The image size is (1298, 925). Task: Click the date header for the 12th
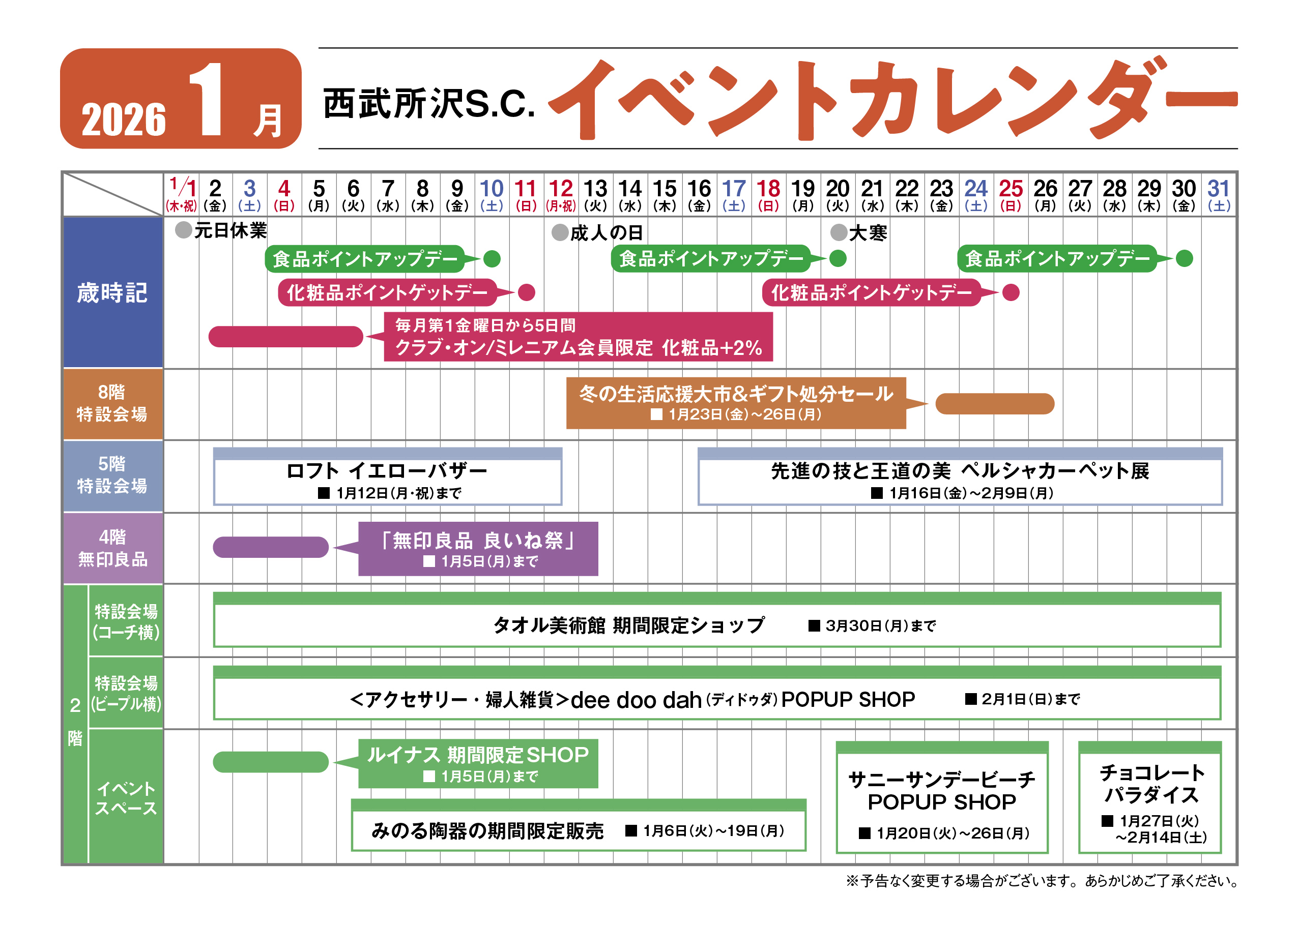pyautogui.click(x=561, y=194)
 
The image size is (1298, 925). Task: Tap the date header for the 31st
pyautogui.click(x=1218, y=194)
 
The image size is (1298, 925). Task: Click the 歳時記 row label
pyautogui.click(x=112, y=293)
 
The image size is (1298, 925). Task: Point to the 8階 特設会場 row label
pyautogui.click(x=112, y=403)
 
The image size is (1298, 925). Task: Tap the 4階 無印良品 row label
pyautogui.click(x=112, y=548)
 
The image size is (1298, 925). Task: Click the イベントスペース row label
pyautogui.click(x=126, y=797)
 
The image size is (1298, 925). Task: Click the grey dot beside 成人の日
pyautogui.click(x=560, y=232)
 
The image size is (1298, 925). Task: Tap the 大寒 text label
pyautogui.click(x=868, y=233)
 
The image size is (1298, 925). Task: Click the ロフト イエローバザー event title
pyautogui.click(x=387, y=471)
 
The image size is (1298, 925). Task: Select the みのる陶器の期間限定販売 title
pyautogui.click(x=487, y=831)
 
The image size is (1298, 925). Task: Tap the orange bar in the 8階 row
pyautogui.click(x=995, y=403)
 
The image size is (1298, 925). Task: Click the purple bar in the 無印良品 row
pyautogui.click(x=271, y=547)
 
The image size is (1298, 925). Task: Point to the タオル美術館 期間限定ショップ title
pyautogui.click(x=628, y=625)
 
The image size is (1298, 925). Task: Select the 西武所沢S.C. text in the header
pyautogui.click(x=429, y=104)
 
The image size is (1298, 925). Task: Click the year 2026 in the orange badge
pyautogui.click(x=124, y=120)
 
